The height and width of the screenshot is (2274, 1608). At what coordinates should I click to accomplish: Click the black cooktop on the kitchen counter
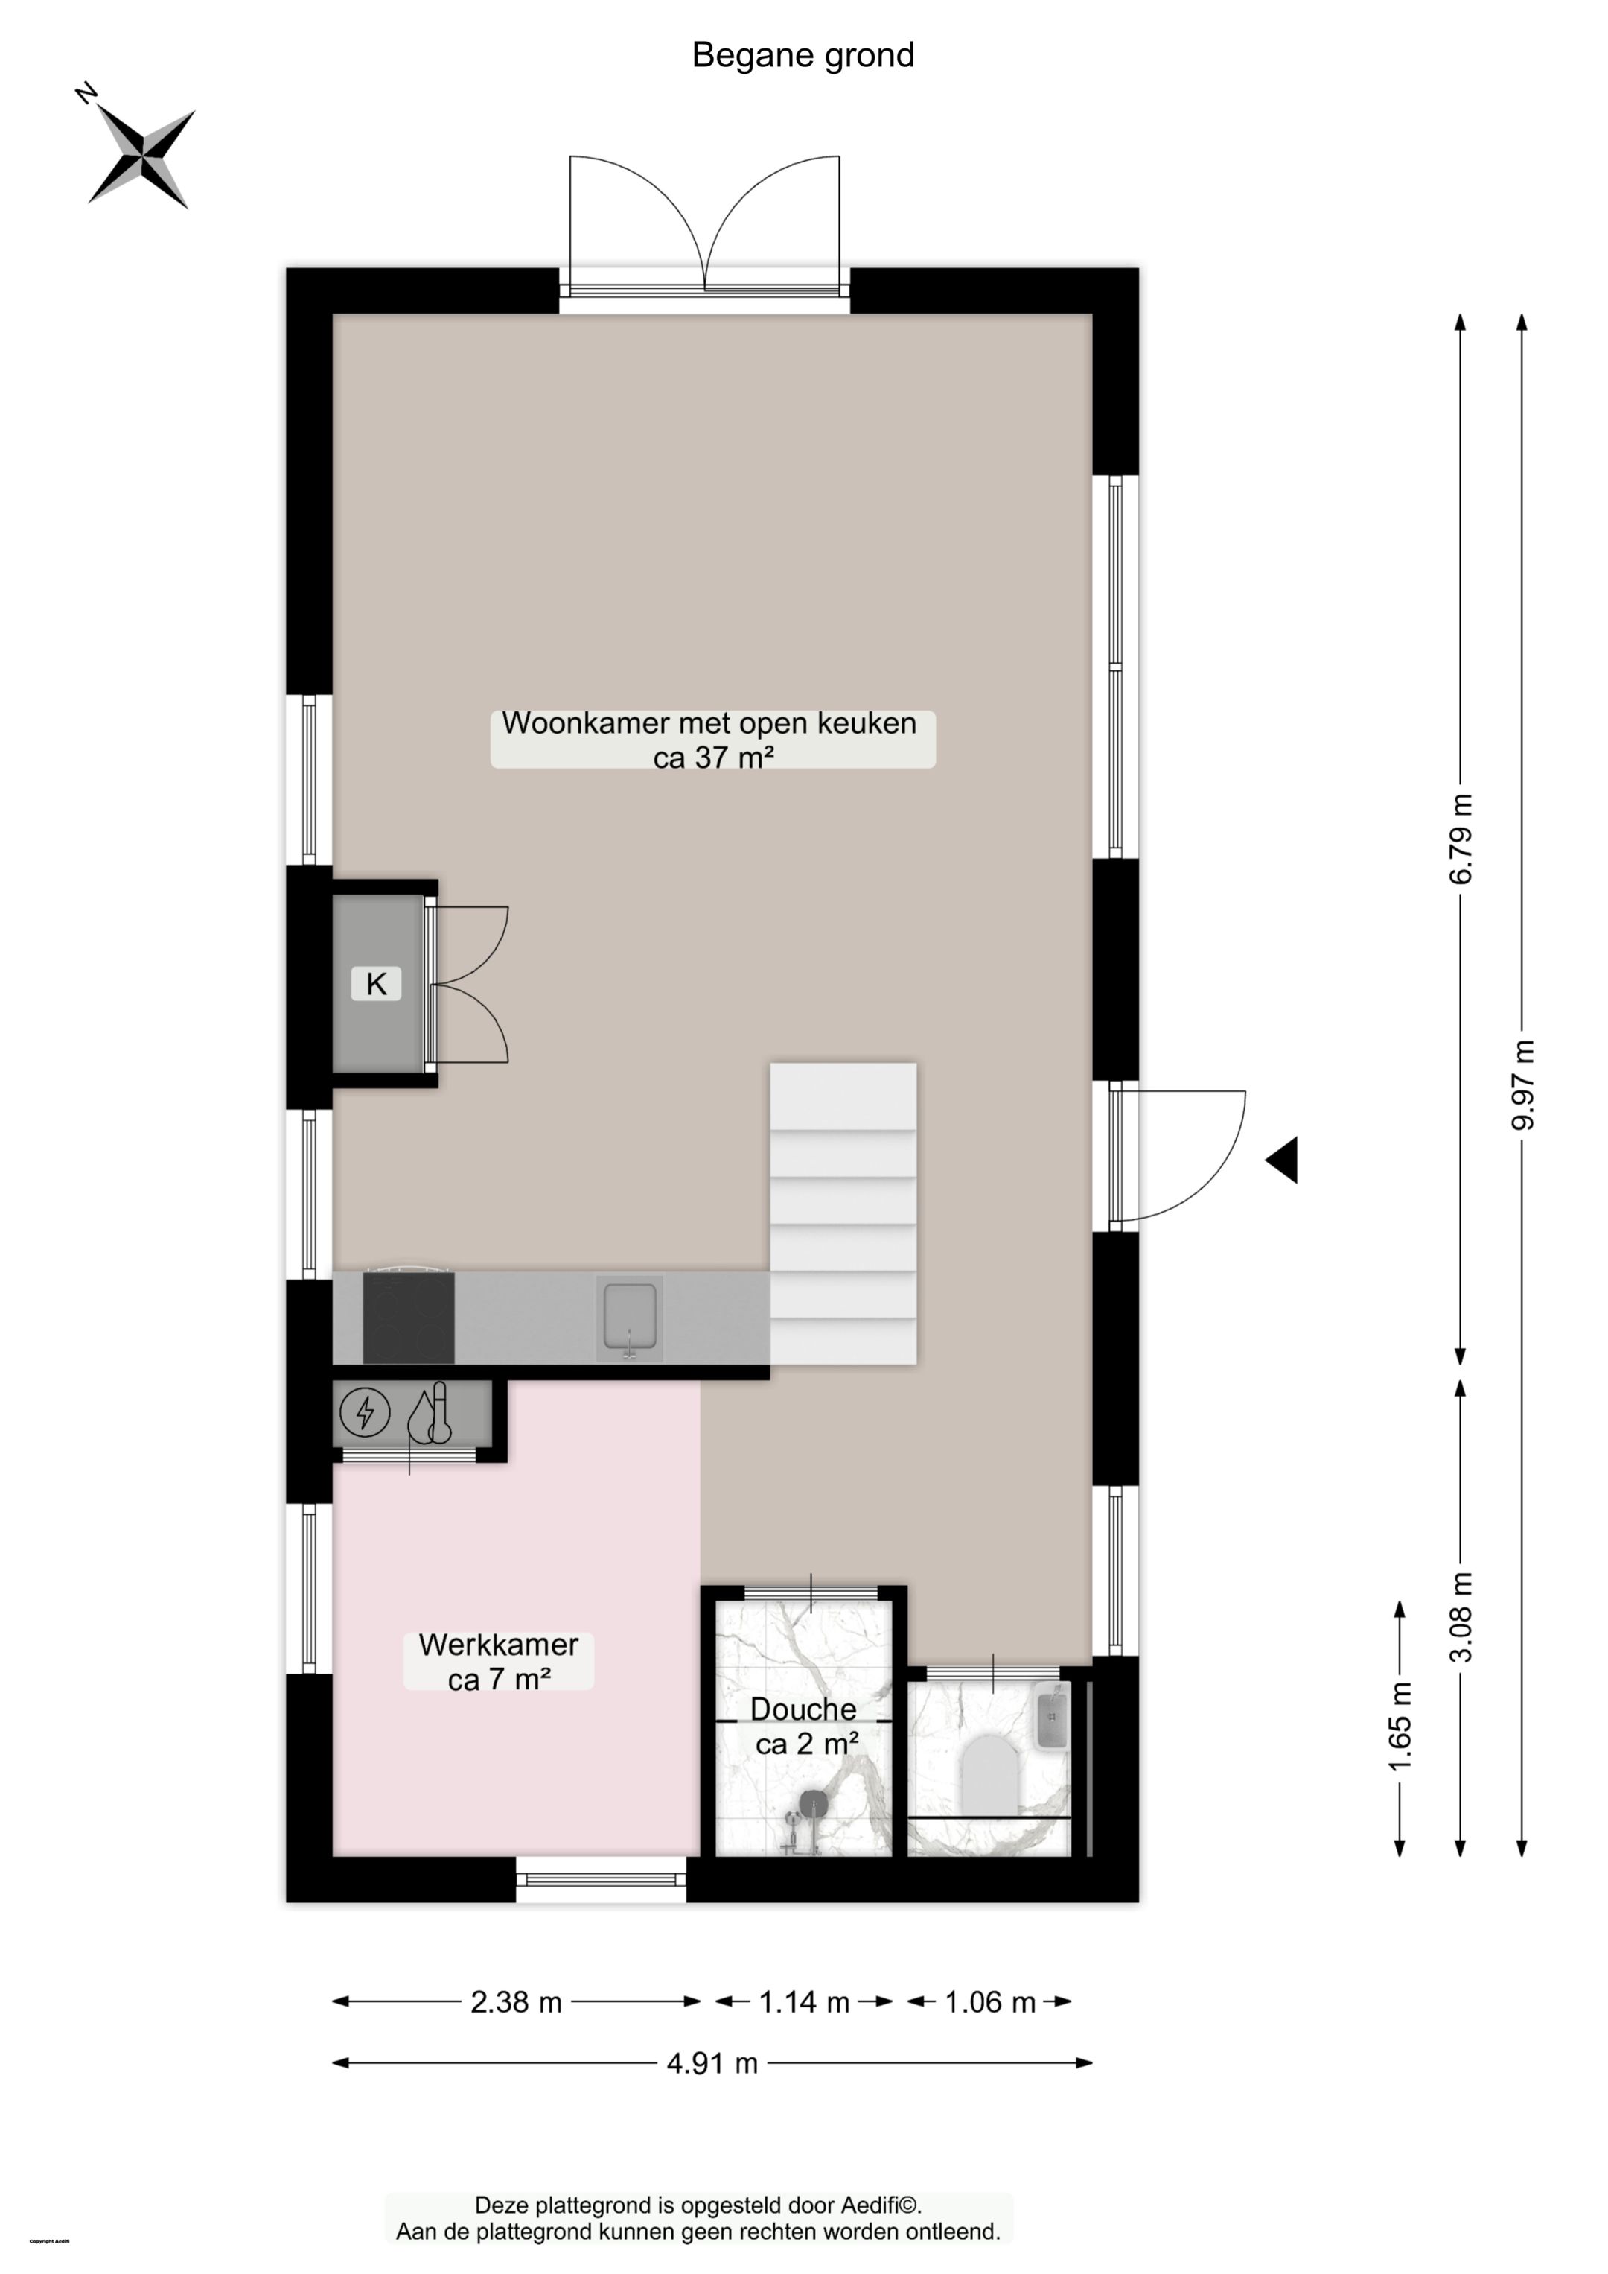(x=408, y=1318)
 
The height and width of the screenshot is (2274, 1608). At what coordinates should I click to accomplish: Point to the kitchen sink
(x=630, y=1318)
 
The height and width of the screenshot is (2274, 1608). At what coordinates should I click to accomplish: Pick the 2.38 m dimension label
(x=516, y=2003)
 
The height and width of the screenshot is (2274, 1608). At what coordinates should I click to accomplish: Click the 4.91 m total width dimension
(x=712, y=2064)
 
